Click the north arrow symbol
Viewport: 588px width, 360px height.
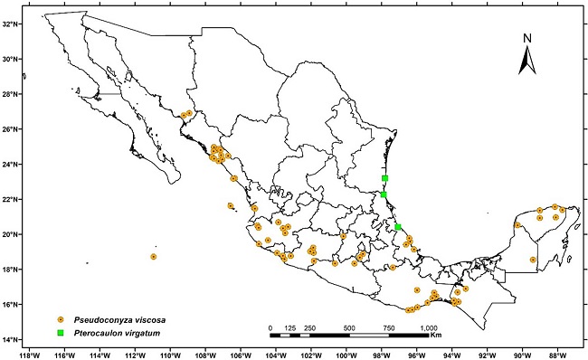click(x=528, y=62)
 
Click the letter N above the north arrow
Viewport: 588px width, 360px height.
click(x=528, y=38)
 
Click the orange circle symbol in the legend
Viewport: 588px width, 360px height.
click(x=61, y=319)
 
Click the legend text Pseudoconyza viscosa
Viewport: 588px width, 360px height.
click(x=122, y=319)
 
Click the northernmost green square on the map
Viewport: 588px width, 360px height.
click(x=385, y=179)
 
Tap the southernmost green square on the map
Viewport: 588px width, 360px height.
click(x=398, y=227)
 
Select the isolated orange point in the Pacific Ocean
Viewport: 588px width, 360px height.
click(x=154, y=257)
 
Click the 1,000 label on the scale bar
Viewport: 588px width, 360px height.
click(x=429, y=327)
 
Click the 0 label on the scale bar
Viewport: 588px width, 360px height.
click(x=270, y=327)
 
